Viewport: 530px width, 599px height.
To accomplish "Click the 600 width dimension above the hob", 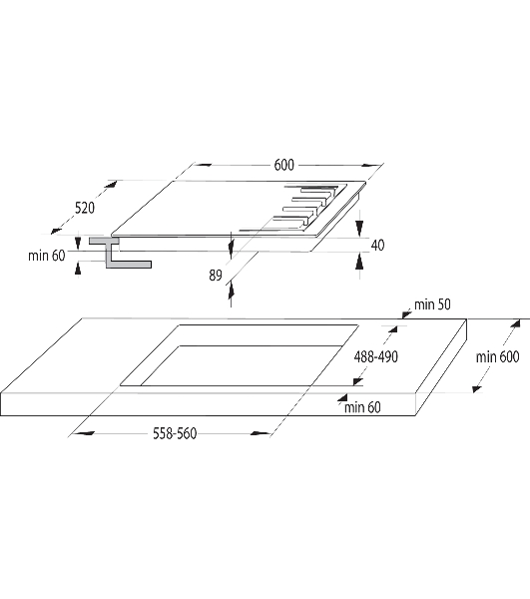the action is [x=284, y=165].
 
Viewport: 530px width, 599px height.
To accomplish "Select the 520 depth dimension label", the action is [x=85, y=208].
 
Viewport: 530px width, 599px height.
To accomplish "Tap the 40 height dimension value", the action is [x=377, y=245].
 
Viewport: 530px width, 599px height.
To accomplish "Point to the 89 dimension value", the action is [x=216, y=276].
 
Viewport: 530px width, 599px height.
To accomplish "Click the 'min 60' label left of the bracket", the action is [x=47, y=256].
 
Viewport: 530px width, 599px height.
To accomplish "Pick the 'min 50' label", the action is [x=432, y=304].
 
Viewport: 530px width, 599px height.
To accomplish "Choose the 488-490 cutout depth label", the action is [x=376, y=356].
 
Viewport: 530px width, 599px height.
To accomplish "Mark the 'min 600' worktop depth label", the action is [x=497, y=356].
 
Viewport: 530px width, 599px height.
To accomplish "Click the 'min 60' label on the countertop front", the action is [x=362, y=407].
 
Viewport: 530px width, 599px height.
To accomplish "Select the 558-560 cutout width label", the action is [x=175, y=433].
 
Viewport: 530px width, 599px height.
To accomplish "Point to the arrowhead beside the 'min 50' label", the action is [x=406, y=314].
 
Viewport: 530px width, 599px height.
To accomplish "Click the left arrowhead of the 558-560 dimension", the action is [x=84, y=433].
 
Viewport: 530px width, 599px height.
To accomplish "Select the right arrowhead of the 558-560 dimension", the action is [x=261, y=433].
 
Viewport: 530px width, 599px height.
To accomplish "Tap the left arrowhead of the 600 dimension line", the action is [x=203, y=165].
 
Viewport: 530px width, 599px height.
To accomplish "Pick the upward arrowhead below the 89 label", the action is [x=231, y=292].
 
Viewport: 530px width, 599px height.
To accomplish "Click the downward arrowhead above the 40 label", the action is [x=359, y=228].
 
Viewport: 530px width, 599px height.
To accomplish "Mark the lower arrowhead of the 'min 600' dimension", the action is [x=477, y=389].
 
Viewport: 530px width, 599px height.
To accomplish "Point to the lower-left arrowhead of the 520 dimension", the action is [x=56, y=231].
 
